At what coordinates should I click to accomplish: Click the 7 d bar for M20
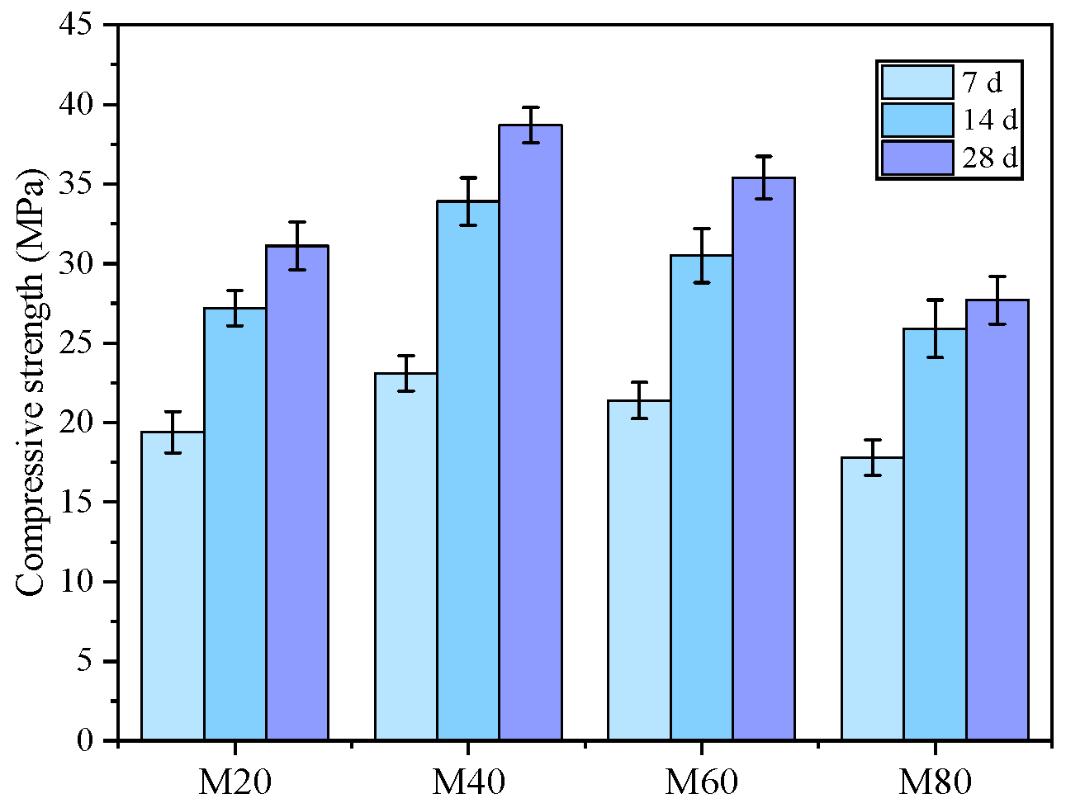[x=173, y=586]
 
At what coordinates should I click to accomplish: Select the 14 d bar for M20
[x=235, y=524]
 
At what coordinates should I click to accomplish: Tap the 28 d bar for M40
[x=531, y=432]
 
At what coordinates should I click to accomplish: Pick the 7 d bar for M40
[x=406, y=557]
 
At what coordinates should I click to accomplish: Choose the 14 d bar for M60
[x=702, y=498]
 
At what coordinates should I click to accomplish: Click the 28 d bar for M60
[x=764, y=459]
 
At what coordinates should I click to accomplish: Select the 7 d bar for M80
[x=873, y=599]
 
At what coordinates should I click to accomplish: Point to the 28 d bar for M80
[x=997, y=520]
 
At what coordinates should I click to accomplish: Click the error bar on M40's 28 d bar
[x=531, y=125]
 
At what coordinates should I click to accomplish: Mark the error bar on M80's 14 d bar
[x=935, y=328]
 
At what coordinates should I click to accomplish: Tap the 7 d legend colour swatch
[x=917, y=83]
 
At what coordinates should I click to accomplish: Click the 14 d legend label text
[x=989, y=120]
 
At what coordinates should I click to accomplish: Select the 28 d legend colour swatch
[x=917, y=158]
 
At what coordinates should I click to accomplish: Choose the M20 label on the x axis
[x=235, y=782]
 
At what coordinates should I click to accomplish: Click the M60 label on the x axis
[x=702, y=782]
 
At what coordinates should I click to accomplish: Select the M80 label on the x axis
[x=935, y=782]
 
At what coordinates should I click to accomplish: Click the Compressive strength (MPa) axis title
[x=31, y=382]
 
